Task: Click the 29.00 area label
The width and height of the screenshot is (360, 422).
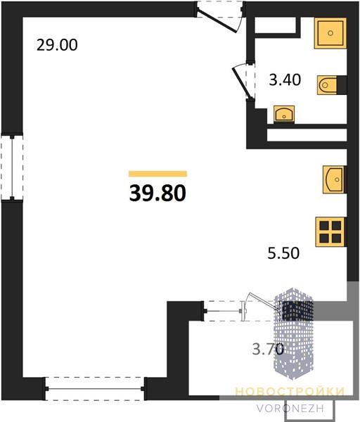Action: pyautogui.click(x=57, y=45)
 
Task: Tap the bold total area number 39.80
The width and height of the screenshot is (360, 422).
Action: pyautogui.click(x=157, y=193)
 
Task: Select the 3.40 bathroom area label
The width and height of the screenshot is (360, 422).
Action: pyautogui.click(x=285, y=80)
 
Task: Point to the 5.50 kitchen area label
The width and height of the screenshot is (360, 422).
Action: pyautogui.click(x=283, y=253)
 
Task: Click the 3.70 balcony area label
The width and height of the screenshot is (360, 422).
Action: pyautogui.click(x=268, y=349)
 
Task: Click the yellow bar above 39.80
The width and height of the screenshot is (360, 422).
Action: pyautogui.click(x=157, y=174)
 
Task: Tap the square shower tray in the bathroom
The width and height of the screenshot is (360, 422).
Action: pyautogui.click(x=330, y=33)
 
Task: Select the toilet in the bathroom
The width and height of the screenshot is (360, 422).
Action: pyautogui.click(x=332, y=85)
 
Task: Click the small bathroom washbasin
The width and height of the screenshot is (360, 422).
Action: pyautogui.click(x=284, y=115)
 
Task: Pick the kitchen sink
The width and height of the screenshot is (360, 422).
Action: pyautogui.click(x=334, y=179)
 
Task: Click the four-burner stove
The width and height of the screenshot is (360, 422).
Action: pyautogui.click(x=330, y=232)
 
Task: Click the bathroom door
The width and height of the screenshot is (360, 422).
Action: pyautogui.click(x=243, y=81)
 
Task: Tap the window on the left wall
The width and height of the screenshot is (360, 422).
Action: pyautogui.click(x=12, y=167)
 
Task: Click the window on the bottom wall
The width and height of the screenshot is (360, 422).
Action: pyautogui.click(x=95, y=389)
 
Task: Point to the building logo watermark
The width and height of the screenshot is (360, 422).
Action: pyautogui.click(x=293, y=333)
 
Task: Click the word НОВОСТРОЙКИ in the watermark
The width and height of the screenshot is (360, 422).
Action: pyautogui.click(x=290, y=391)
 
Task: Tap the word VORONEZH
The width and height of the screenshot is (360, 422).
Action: pyautogui.click(x=290, y=409)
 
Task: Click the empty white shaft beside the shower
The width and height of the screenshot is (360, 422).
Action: pyautogui.click(x=275, y=25)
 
